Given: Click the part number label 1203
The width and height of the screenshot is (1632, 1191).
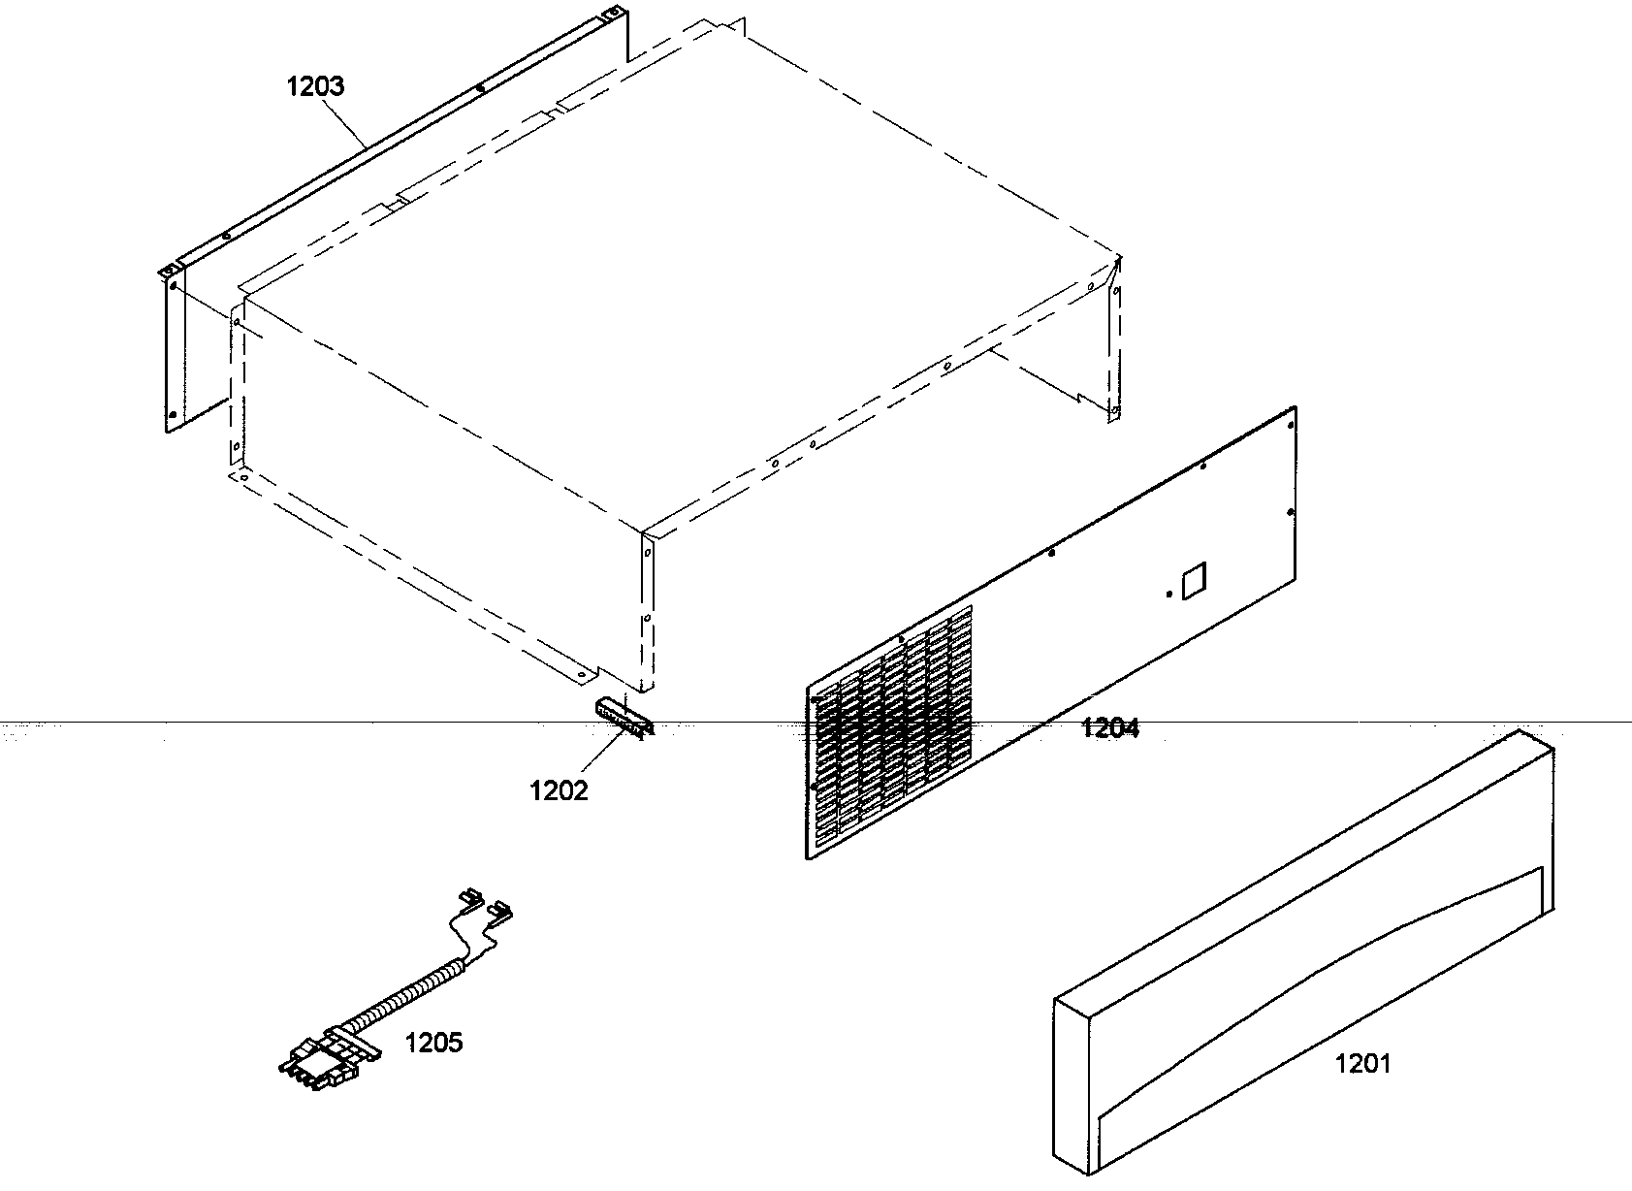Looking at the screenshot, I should click(x=315, y=86).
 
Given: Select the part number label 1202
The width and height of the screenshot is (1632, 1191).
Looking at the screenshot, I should click(x=559, y=790).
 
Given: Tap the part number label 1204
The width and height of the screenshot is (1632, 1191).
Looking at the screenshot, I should click(x=1109, y=728).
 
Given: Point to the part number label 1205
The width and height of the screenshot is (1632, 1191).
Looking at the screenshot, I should click(x=433, y=1043).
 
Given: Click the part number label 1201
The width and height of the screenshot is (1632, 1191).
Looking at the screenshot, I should click(x=1362, y=1064).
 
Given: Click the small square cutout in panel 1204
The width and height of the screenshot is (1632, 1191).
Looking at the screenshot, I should click(x=1191, y=580).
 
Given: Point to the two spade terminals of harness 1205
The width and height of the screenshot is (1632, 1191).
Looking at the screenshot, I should click(x=485, y=907).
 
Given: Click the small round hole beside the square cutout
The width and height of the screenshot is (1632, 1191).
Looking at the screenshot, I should click(x=1168, y=594).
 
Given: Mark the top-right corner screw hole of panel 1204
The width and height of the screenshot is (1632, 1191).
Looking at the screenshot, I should click(x=1291, y=423).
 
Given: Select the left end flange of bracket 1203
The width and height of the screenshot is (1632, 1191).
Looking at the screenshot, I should click(x=171, y=349).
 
